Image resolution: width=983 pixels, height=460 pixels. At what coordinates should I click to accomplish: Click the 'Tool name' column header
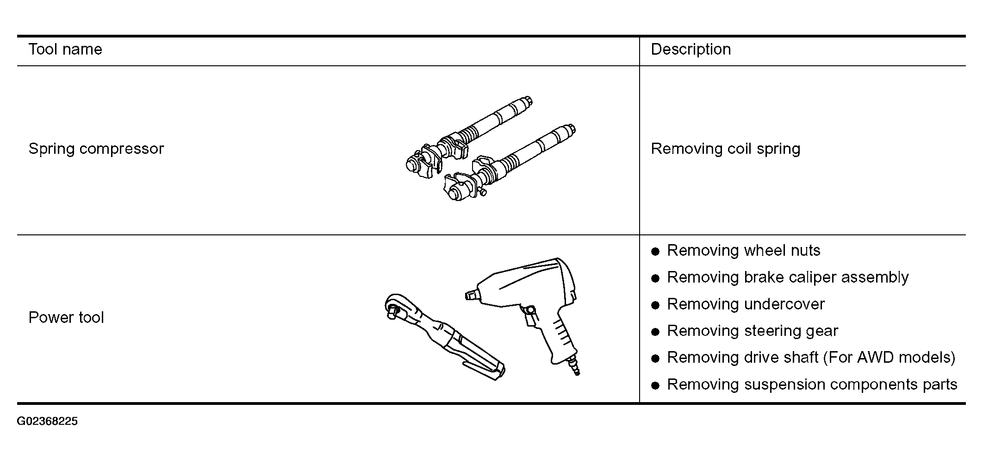(65, 49)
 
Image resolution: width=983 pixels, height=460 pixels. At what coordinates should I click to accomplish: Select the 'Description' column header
(691, 49)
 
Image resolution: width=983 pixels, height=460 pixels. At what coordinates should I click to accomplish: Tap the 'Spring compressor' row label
(96, 149)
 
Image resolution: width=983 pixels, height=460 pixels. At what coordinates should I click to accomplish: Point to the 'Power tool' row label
(66, 317)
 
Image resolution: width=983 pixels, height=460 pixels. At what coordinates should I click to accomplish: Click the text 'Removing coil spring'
(726, 149)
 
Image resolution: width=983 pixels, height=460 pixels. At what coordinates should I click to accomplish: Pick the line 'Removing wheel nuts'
(743, 251)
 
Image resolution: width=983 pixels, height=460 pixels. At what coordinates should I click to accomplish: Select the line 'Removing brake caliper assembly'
(788, 277)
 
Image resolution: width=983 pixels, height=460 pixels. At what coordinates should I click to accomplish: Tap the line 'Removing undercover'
(746, 304)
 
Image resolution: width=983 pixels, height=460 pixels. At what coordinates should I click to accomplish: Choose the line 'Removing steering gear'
(753, 331)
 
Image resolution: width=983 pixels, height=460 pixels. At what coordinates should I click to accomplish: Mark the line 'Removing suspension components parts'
(812, 384)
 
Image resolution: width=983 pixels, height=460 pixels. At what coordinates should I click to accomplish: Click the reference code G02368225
(47, 422)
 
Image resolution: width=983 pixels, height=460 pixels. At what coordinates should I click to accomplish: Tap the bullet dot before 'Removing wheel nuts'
(655, 252)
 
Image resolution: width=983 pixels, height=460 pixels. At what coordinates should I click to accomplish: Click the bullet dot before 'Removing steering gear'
(655, 332)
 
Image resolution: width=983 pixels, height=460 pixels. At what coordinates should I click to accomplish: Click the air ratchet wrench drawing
(444, 336)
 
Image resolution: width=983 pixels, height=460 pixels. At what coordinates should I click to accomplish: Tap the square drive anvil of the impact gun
(471, 295)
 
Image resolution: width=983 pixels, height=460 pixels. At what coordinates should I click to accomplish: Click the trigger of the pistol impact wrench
(529, 315)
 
